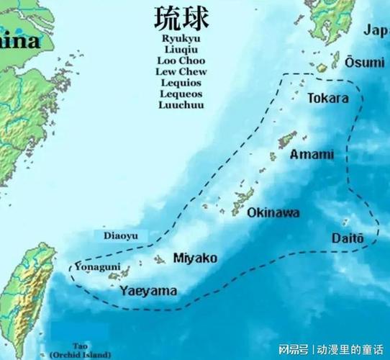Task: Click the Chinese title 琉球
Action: [181, 19]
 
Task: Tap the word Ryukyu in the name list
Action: [181, 38]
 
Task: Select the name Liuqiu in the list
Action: [181, 50]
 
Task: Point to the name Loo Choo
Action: [181, 60]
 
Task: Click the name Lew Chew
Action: [181, 71]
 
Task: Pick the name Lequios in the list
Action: [181, 83]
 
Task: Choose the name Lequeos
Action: [181, 94]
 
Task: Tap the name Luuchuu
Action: [181, 105]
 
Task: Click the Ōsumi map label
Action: [364, 63]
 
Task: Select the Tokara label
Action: [328, 98]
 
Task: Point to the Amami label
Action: [312, 155]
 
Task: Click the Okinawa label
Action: [273, 213]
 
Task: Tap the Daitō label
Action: [348, 238]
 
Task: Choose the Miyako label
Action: [195, 258]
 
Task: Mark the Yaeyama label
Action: [148, 292]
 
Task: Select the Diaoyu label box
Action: [121, 235]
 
